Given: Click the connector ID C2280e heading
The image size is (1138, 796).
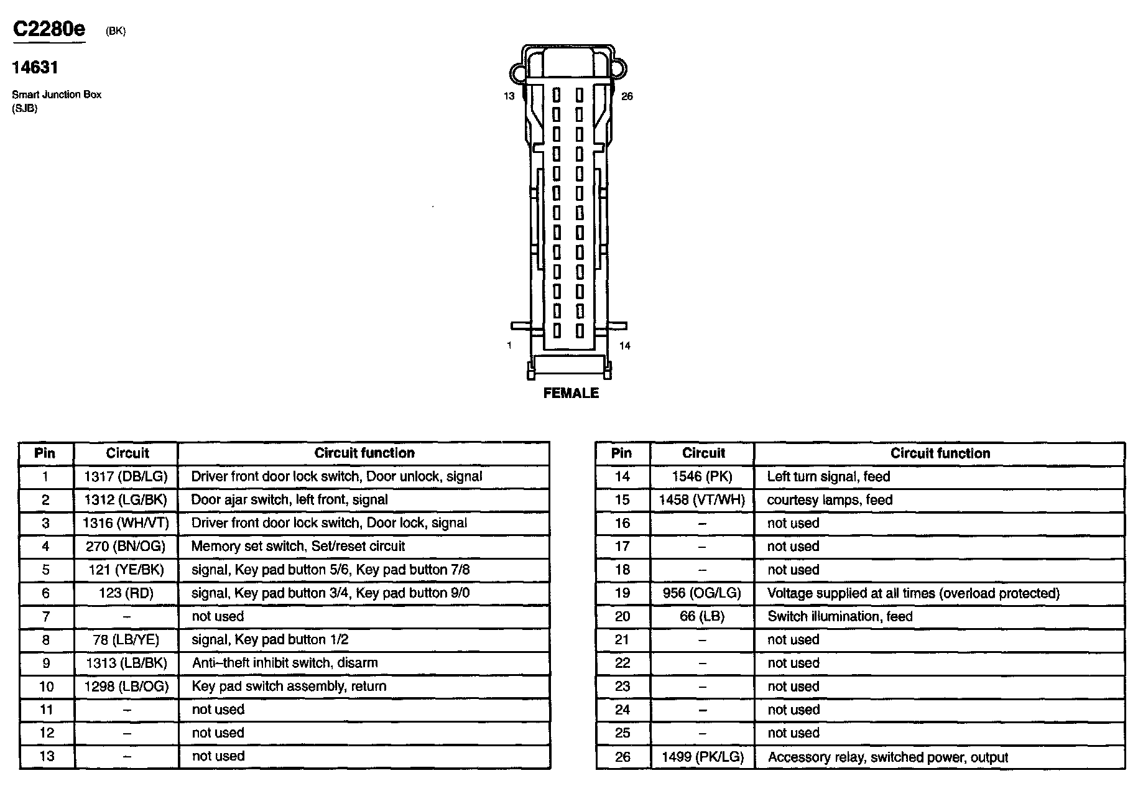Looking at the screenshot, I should coord(49,29).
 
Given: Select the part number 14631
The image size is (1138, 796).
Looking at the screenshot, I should coord(35,67).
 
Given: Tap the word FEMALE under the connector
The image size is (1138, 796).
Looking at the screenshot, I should coord(571,393).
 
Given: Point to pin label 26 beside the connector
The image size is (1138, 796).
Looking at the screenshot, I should coord(627,96).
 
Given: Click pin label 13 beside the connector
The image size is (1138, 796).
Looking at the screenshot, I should coord(509,96).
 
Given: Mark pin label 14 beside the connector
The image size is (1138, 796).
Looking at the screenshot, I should coord(624,346).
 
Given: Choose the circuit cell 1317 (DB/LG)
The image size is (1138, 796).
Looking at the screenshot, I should coord(126,477).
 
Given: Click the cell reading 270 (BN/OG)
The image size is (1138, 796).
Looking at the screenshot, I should coord(126,547).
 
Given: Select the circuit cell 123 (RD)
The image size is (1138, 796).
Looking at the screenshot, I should coord(126,593).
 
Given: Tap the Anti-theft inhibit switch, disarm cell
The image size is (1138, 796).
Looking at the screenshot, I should coord(285,663).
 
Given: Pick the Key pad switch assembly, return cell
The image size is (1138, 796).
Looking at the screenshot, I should coord(289,687).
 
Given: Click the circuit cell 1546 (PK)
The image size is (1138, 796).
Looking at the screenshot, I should coord(702,477).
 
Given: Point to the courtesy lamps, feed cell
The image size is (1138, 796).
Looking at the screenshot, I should coord(830,500).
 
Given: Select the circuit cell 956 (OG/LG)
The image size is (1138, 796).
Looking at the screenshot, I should coord(702,593).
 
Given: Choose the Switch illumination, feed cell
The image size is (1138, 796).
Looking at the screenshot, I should coord(840,617).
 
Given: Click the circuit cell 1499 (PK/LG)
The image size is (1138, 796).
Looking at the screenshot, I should coord(703,757).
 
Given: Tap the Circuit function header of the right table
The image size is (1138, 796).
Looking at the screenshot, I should coord(940,453).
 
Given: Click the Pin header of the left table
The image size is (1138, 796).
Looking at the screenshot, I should coord(45,453).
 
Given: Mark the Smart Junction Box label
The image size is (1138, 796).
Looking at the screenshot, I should coord(57,95).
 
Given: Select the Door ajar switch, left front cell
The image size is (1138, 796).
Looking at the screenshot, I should coord(289,500).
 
